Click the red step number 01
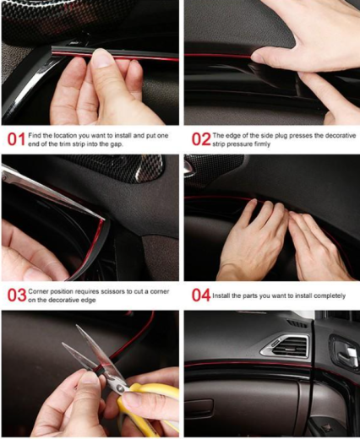click(x=16, y=139)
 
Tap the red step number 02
click(x=201, y=139)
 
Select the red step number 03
click(x=17, y=295)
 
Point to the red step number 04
click(x=201, y=295)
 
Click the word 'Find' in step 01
click(x=35, y=135)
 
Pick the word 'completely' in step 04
click(x=330, y=296)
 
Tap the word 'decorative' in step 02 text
click(x=341, y=135)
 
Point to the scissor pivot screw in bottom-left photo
click(x=122, y=388)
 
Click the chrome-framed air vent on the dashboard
click(x=285, y=344)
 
